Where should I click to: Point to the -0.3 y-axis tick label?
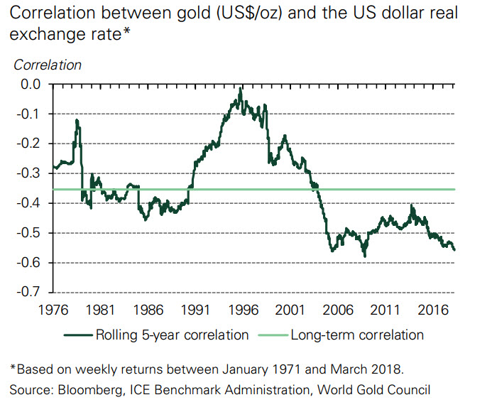pos(28,173)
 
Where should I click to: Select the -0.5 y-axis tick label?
pos(28,233)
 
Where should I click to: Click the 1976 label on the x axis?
pos(53,310)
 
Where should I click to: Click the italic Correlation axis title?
pos(48,65)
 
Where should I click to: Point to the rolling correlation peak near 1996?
pos(241,90)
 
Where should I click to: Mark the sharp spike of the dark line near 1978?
pos(77,121)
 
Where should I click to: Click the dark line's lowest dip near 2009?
pos(365,255)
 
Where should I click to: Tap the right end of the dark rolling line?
pos(454,249)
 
